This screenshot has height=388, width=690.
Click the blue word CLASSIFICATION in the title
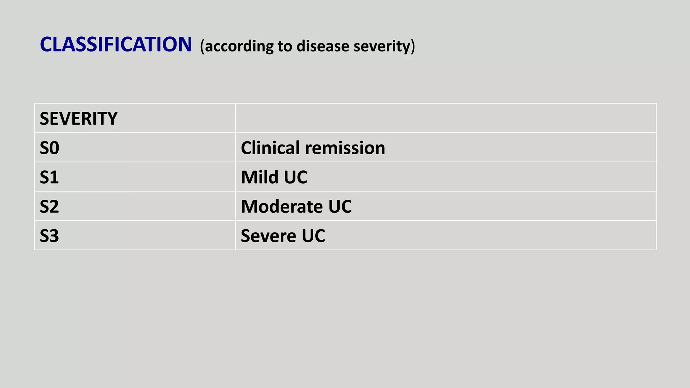pyautogui.click(x=116, y=44)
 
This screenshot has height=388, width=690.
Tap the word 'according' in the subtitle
pyautogui.click(x=239, y=46)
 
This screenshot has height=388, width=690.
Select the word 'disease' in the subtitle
pyautogui.click(x=323, y=46)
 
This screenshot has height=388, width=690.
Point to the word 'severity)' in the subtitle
pyautogui.click(x=384, y=46)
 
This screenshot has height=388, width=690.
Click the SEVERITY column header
pyautogui.click(x=79, y=119)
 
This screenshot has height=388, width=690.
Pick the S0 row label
pyautogui.click(x=50, y=148)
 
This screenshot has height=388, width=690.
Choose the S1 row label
pyautogui.click(x=49, y=177)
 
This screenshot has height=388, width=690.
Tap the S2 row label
pyautogui.click(x=49, y=206)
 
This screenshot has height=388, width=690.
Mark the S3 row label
pyautogui.click(x=49, y=236)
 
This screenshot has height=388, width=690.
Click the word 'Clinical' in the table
pyautogui.click(x=270, y=148)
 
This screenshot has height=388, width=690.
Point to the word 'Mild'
pyautogui.click(x=260, y=177)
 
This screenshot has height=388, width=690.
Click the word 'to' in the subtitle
pyautogui.click(x=285, y=46)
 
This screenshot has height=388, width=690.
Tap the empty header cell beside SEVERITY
pyautogui.click(x=445, y=118)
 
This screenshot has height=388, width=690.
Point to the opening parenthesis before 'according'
pyautogui.click(x=202, y=46)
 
